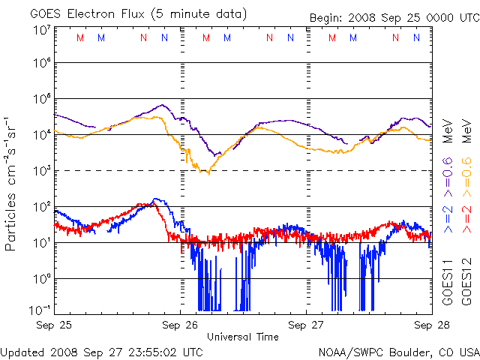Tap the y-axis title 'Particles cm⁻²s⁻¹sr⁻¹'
click(11, 183)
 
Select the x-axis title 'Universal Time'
click(242, 337)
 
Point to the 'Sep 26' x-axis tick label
click(181, 325)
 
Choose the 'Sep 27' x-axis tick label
click(307, 325)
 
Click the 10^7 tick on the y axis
click(41, 30)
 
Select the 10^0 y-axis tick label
click(41, 279)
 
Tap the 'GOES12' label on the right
click(466, 282)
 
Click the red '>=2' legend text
click(466, 218)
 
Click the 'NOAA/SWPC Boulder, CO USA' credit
click(398, 351)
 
